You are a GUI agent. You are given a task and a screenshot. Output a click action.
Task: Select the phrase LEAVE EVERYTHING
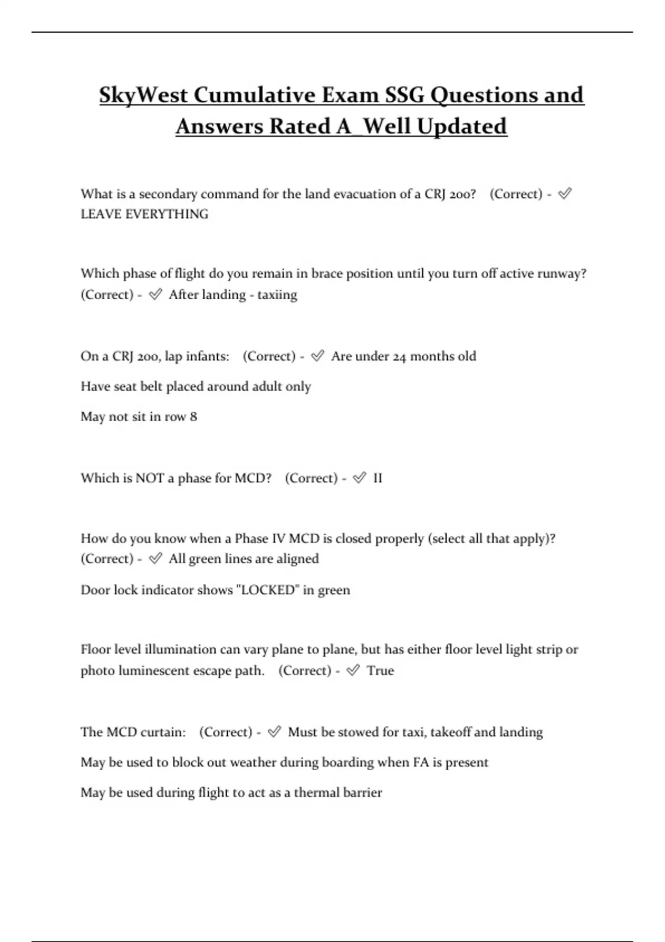pyautogui.click(x=145, y=214)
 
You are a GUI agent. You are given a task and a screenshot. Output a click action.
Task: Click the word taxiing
pyautogui.click(x=277, y=295)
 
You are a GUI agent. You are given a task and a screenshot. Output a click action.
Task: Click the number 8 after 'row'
pyautogui.click(x=193, y=417)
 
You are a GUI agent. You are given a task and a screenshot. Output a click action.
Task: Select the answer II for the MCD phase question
pyautogui.click(x=378, y=478)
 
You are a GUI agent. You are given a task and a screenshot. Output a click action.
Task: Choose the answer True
pyautogui.click(x=380, y=670)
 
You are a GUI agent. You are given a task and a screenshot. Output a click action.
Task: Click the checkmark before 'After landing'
pyautogui.click(x=156, y=295)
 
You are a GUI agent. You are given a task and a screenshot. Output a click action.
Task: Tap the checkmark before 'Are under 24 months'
pyautogui.click(x=318, y=356)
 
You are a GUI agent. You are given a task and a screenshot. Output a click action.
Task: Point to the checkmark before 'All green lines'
pyautogui.click(x=156, y=559)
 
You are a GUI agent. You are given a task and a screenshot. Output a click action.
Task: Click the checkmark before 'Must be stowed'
pyautogui.click(x=274, y=732)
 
